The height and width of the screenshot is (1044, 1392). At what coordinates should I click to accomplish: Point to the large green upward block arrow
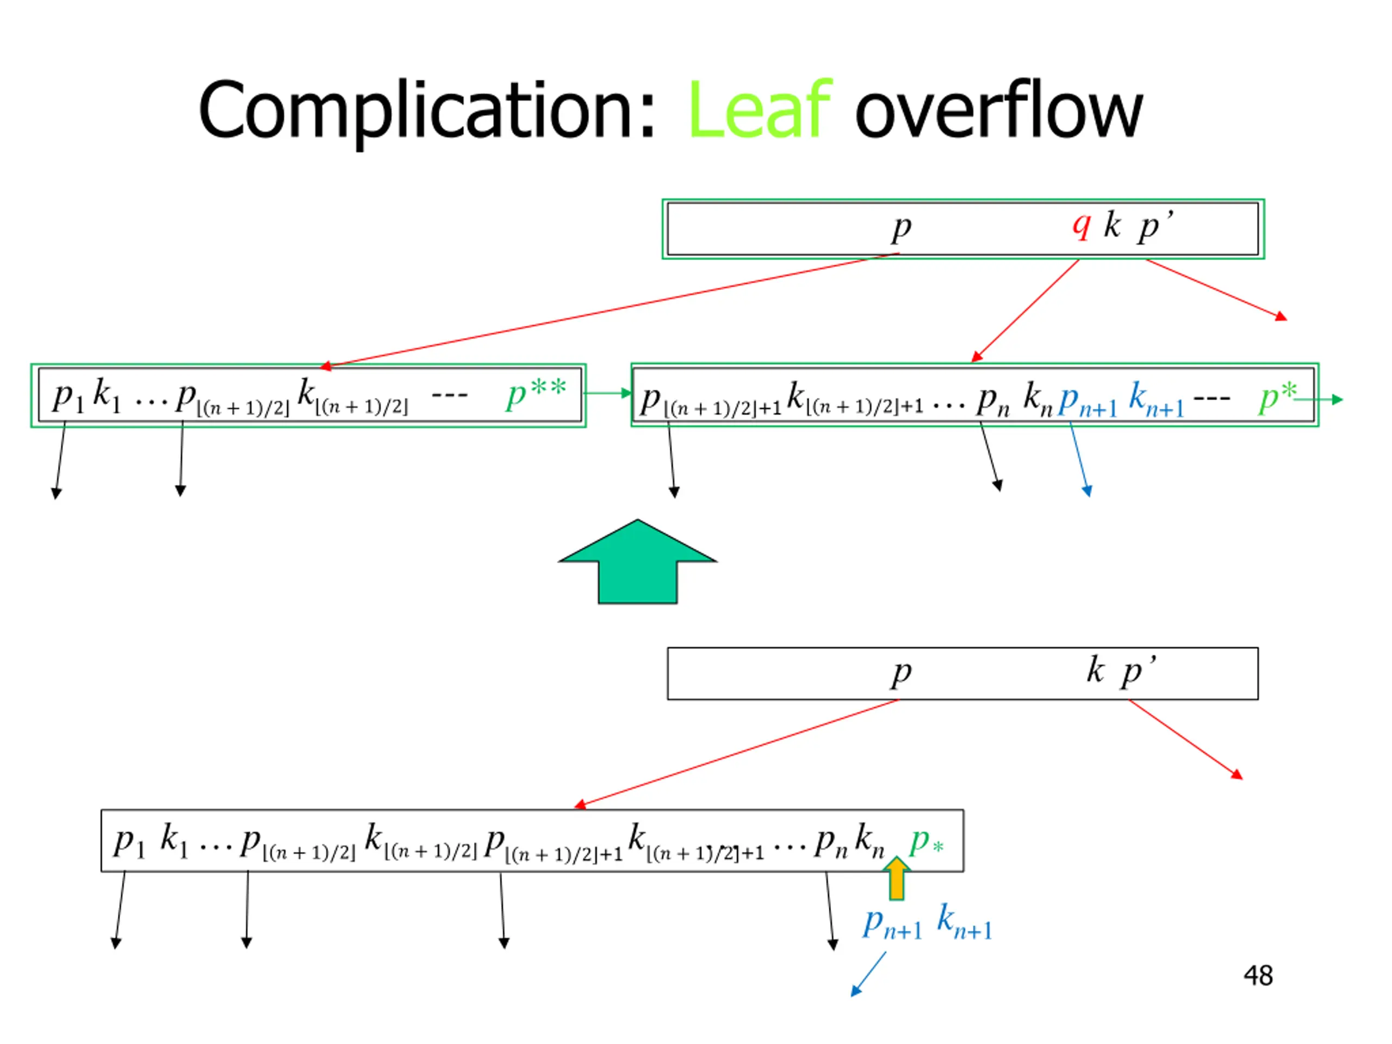coord(637,561)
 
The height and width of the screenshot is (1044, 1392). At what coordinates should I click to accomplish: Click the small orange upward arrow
coord(896,878)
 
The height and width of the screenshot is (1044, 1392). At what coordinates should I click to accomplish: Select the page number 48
coord(1258,976)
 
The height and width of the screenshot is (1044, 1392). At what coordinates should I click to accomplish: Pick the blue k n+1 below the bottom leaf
coord(964,921)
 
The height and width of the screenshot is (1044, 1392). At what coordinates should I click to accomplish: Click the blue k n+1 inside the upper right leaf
coord(1156,399)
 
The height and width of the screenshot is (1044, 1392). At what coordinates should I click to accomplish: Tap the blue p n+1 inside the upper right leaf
coord(1087,401)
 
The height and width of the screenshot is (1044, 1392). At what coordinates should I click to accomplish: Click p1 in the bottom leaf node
coord(129,842)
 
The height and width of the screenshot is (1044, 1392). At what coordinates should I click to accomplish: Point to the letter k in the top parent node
coord(1113,225)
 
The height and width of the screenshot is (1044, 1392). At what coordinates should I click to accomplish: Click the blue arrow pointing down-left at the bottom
coord(868,974)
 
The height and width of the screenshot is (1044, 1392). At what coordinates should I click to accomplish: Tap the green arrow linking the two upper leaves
coord(608,393)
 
